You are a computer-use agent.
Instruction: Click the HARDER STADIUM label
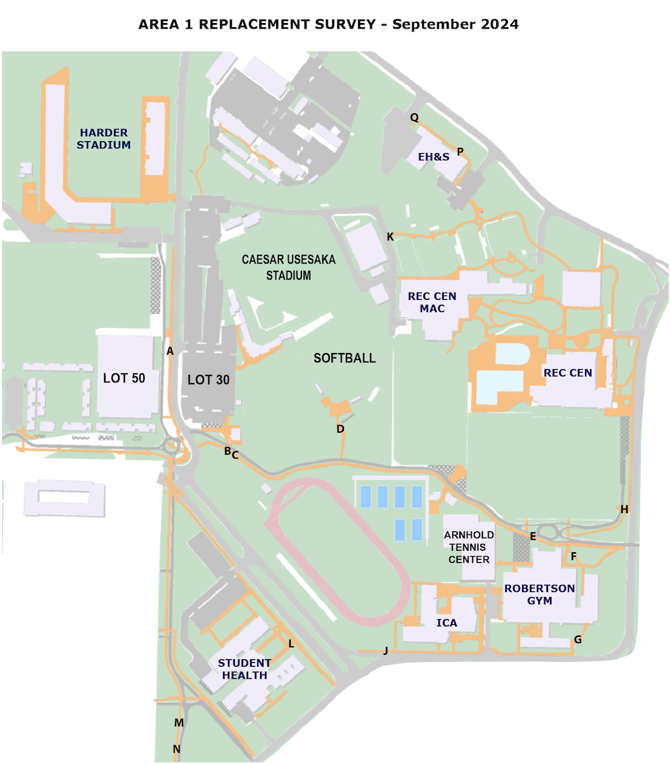click(103, 139)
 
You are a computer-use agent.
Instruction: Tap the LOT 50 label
click(124, 378)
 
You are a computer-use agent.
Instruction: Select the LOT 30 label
click(208, 380)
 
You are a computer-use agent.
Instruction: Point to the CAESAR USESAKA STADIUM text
click(289, 267)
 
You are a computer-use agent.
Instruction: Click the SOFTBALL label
click(345, 358)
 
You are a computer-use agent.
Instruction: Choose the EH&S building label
click(433, 157)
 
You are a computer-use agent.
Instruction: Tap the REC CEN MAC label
click(432, 302)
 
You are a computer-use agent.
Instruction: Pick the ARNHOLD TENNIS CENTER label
click(469, 547)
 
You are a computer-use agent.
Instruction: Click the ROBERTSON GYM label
click(540, 594)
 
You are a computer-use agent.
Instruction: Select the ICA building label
click(447, 623)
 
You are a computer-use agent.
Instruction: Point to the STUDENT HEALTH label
click(245, 669)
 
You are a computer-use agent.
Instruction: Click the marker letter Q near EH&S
click(414, 117)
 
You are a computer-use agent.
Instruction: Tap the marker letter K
click(390, 237)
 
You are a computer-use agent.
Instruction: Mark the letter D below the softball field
click(340, 429)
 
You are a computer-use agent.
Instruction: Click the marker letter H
click(624, 509)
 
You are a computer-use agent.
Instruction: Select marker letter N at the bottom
click(176, 749)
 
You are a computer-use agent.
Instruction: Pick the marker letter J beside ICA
click(385, 651)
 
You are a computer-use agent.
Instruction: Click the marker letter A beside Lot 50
click(170, 351)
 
